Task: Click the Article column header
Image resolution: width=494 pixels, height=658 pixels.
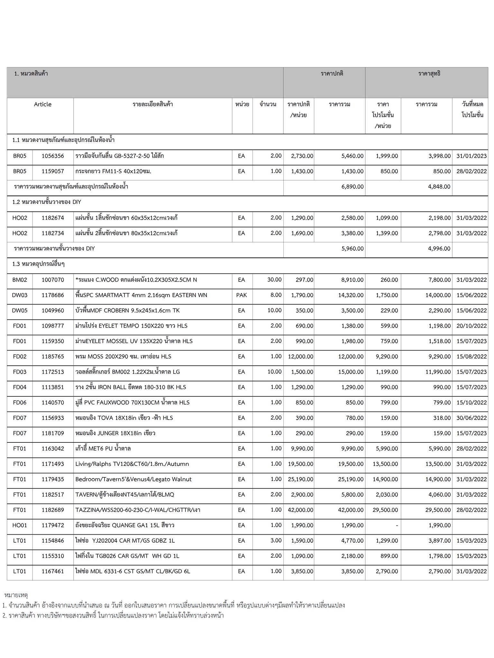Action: [42, 104]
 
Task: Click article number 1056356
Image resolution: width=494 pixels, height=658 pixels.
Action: [53, 156]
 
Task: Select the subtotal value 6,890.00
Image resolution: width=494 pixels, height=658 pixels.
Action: [352, 187]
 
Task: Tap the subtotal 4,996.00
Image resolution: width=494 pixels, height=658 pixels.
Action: [439, 249]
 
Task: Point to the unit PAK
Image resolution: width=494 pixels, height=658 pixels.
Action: [242, 295]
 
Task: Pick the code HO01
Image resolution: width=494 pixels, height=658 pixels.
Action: [20, 525]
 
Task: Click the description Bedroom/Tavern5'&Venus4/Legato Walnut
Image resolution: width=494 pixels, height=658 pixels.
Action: [133, 479]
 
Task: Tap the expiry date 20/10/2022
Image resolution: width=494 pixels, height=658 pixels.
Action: [471, 326]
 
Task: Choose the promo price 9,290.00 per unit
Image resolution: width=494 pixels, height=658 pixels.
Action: [387, 357]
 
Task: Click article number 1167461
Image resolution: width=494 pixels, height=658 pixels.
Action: [53, 571]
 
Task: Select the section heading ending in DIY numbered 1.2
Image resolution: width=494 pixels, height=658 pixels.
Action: [47, 202]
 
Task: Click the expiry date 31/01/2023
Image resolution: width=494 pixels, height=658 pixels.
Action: [471, 156]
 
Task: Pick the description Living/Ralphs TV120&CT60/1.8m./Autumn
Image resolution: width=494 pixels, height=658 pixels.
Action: [132, 464]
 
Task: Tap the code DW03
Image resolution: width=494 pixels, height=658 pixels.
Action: [20, 295]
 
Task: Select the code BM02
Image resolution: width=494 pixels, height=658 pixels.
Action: [20, 280]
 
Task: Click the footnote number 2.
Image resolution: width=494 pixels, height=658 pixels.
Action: [4, 616]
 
